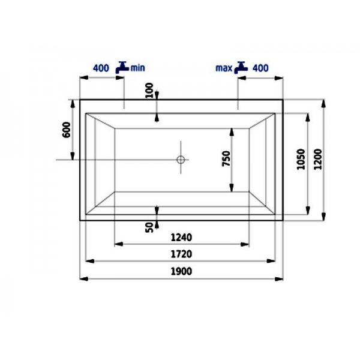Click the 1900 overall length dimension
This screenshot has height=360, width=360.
tap(181, 271)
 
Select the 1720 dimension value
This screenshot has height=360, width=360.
tap(181, 254)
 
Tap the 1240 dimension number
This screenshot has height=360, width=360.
tap(181, 236)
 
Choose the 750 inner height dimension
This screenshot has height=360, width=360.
tap(226, 158)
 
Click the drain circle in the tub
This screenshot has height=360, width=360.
tap(181, 160)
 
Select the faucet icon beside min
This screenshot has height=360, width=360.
tap(123, 67)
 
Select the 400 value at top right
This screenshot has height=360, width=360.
tap(260, 68)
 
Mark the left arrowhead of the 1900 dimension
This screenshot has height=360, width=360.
tap(83, 279)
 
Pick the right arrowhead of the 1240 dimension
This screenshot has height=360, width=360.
tap(247, 244)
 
